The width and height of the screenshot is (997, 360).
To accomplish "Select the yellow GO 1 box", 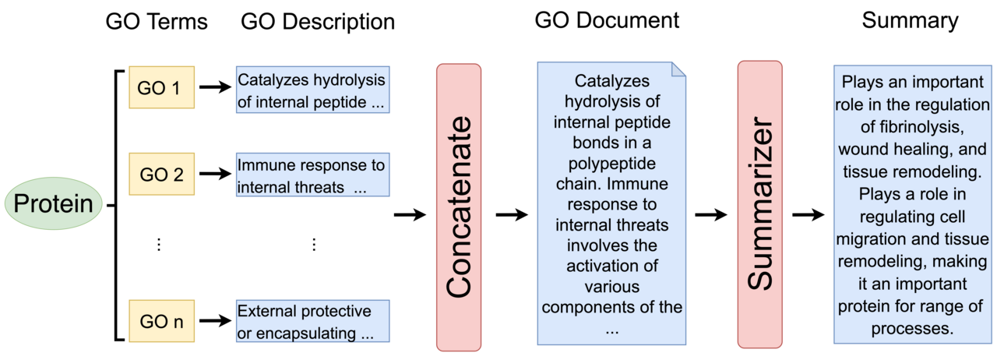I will [x=162, y=87].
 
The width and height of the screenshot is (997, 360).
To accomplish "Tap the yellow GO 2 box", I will [x=162, y=174].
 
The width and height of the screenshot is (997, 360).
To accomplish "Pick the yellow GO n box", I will [x=162, y=320].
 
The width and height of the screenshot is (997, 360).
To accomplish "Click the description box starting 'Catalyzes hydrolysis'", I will [x=312, y=91].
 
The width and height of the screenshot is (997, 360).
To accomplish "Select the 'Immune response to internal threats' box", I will [x=312, y=176].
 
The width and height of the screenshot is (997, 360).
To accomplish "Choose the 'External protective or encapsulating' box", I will [x=312, y=322].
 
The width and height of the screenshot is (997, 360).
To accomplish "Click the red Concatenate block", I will [x=459, y=207].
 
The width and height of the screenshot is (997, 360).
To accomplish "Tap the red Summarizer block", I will [x=759, y=204].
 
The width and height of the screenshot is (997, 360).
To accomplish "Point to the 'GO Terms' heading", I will [x=157, y=22].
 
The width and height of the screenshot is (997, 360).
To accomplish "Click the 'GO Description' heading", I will [x=318, y=22].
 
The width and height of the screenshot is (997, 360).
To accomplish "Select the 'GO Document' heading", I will [x=607, y=20].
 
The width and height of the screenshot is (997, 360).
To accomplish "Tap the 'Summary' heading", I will [x=910, y=20].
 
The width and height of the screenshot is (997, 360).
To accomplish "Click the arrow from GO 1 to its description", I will [x=215, y=87].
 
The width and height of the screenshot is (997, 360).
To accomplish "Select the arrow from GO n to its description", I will [x=215, y=320].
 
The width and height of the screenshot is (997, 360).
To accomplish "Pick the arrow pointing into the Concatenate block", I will [x=410, y=215].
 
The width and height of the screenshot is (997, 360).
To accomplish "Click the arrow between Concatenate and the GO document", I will [x=511, y=215].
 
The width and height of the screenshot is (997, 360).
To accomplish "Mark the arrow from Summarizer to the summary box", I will [x=808, y=215].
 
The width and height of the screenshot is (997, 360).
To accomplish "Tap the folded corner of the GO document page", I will [x=678, y=70].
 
